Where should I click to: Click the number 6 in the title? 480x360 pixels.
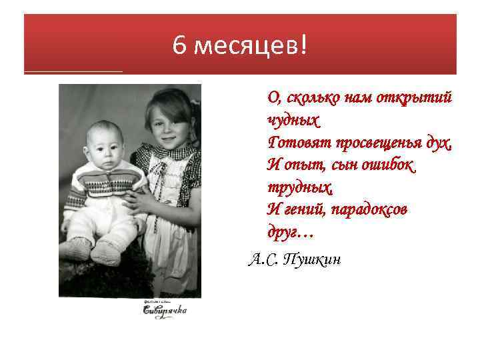pos(178,46)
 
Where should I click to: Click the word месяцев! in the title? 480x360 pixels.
pos(251,46)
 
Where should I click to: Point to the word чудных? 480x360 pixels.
pos(293,120)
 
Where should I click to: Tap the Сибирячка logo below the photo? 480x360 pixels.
pos(165,309)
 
